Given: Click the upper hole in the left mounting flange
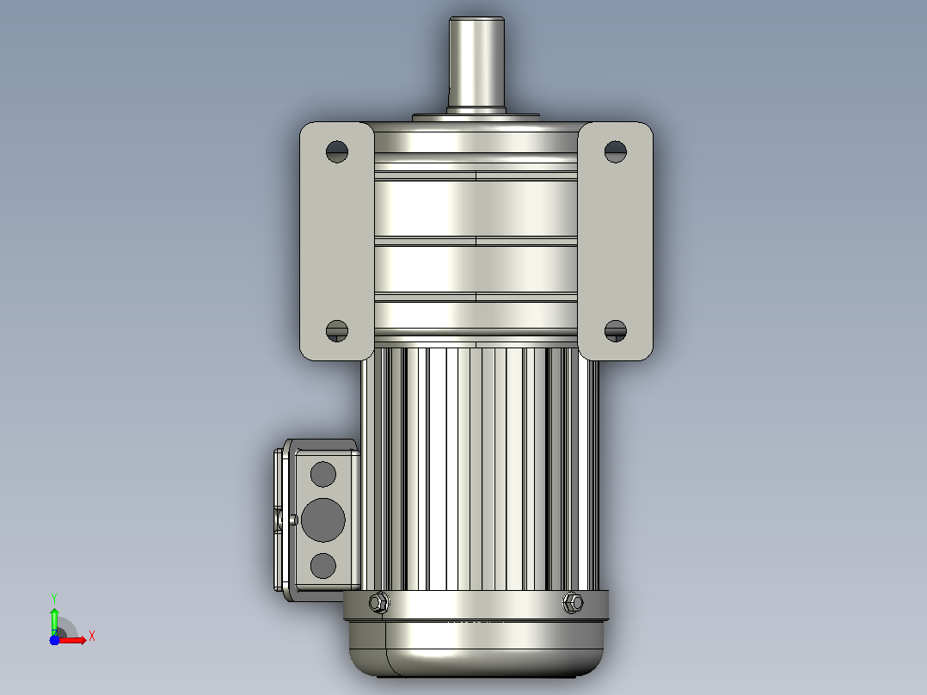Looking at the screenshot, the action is (337, 151).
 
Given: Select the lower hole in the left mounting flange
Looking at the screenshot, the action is (337, 330).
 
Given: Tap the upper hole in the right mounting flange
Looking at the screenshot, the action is (616, 151).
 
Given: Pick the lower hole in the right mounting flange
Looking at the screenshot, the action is (616, 330).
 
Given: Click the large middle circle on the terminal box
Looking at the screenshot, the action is (322, 520).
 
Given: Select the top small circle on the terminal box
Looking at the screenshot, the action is (322, 475).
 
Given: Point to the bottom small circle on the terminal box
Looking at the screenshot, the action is (322, 565).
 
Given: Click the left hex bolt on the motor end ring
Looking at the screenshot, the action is (379, 603).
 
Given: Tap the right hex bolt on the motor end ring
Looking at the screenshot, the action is (573, 603).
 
